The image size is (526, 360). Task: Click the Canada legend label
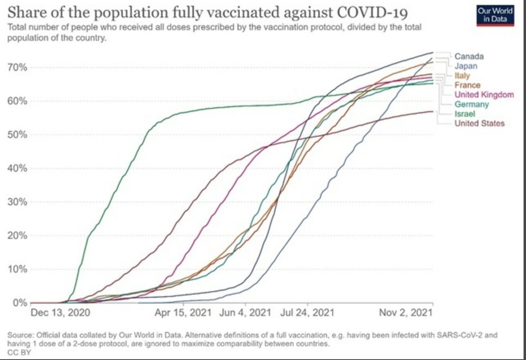coord(469,56)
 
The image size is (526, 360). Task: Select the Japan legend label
coord(465,66)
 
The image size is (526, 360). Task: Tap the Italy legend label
coord(462,76)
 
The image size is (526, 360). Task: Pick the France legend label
coord(467,85)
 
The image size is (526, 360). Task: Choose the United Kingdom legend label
coord(484,94)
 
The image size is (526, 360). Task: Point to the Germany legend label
coord(472,104)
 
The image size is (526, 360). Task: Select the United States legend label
coord(479,123)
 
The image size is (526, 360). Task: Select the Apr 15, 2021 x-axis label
coord(183,313)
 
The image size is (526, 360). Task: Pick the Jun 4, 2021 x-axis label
coord(245,313)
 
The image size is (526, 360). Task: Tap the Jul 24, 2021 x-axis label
coord(307,313)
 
